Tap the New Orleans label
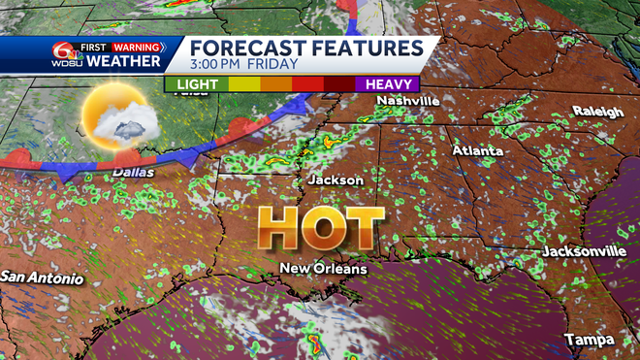(324, 268)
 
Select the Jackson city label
(336, 180)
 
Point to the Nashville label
(408, 101)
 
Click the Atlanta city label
(478, 151)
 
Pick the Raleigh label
(597, 112)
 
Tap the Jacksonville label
(583, 251)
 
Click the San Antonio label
(41, 278)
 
